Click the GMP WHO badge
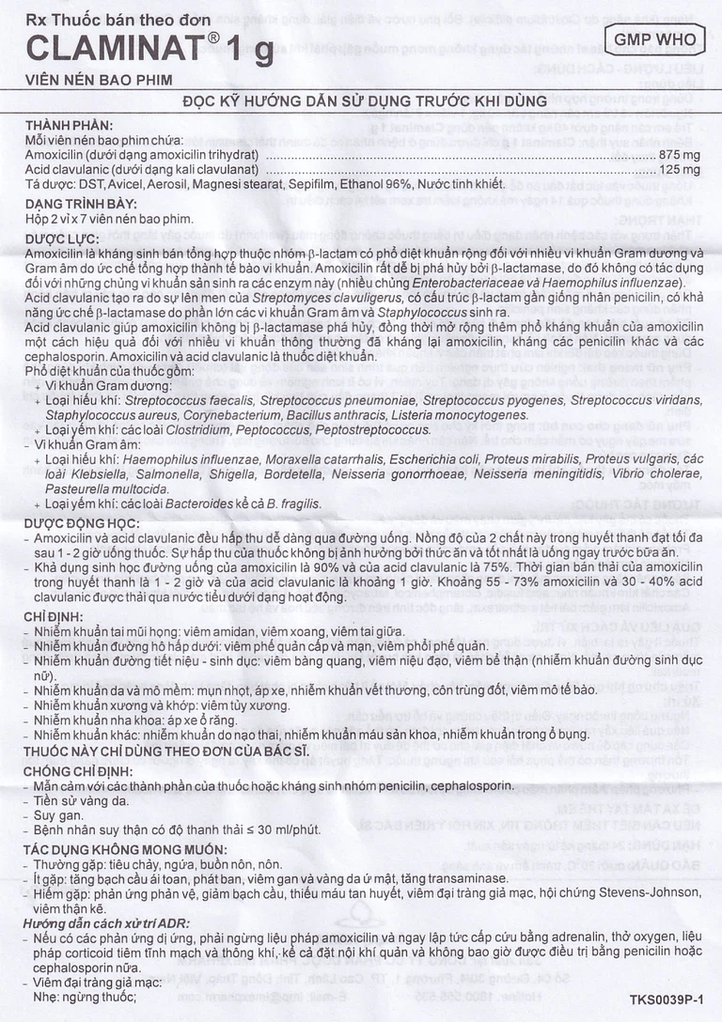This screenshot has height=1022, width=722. click(x=655, y=39)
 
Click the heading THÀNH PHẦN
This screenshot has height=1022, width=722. click(x=69, y=125)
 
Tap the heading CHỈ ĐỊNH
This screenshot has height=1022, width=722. click(x=55, y=616)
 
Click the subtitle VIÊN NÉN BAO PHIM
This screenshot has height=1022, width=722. click(x=86, y=82)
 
